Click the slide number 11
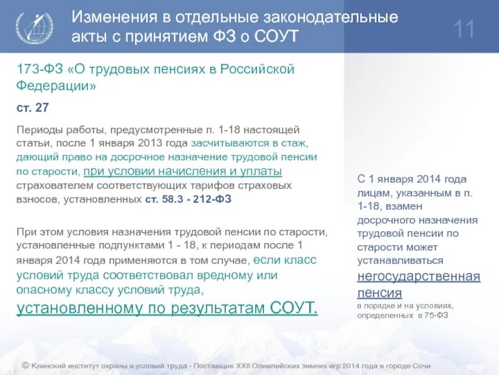click(465, 29)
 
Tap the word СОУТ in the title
click(278, 37)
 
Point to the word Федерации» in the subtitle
click(56, 86)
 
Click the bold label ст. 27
click(32, 107)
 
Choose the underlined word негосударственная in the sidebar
click(419, 276)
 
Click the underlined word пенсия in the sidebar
click(379, 292)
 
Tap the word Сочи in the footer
click(420, 366)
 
